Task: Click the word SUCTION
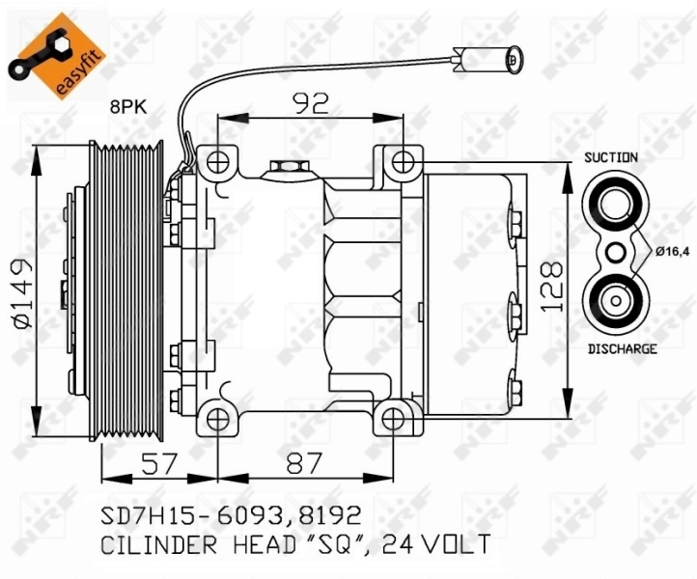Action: pos(610,156)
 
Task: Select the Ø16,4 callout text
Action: pos(674,252)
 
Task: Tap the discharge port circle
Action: pos(613,301)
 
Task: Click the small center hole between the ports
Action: pos(613,253)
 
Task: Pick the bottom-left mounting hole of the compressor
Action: pos(219,419)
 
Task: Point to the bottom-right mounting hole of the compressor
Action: pos(391,419)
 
